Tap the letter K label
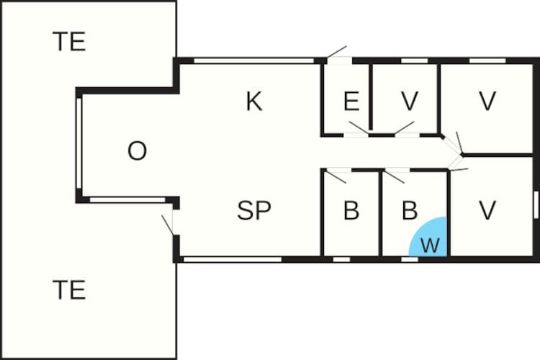pyautogui.click(x=254, y=102)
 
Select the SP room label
pyautogui.click(x=254, y=210)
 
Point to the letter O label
pyautogui.click(x=137, y=151)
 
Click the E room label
pyautogui.click(x=351, y=102)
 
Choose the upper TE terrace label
pyautogui.click(x=69, y=41)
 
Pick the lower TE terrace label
pyautogui.click(x=69, y=290)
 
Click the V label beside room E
pyautogui.click(x=410, y=102)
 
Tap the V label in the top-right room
pyautogui.click(x=487, y=102)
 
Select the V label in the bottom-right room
pyautogui.click(x=487, y=210)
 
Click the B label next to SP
pyautogui.click(x=351, y=210)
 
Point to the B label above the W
pyautogui.click(x=410, y=210)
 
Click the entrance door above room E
pyautogui.click(x=339, y=60)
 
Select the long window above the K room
pyautogui.click(x=254, y=61)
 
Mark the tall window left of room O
pyautogui.click(x=79, y=143)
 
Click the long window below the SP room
pyautogui.click(x=233, y=259)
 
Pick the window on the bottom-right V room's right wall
pyautogui.click(x=536, y=204)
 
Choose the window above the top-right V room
pyautogui.click(x=487, y=61)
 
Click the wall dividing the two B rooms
pyautogui.click(x=381, y=214)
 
